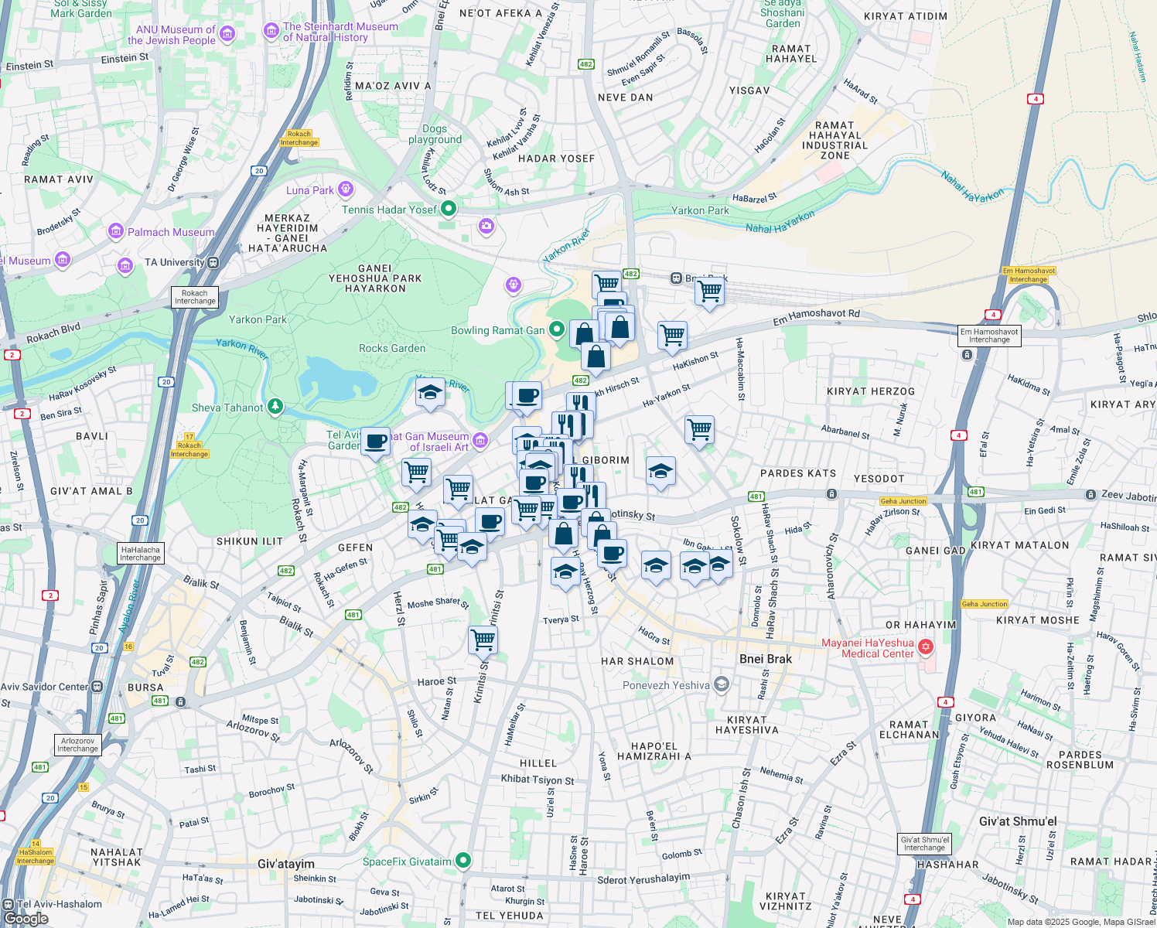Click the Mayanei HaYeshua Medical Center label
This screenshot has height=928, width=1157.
pyautogui.click(x=867, y=648)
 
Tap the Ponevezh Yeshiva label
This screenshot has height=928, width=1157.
pyautogui.click(x=666, y=685)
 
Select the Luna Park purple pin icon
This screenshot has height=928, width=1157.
pyautogui.click(x=346, y=189)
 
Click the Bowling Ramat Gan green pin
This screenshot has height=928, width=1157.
pyautogui.click(x=556, y=330)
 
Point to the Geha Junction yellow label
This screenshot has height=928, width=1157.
pyautogui.click(x=903, y=501)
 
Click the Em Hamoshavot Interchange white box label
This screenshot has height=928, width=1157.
pyautogui.click(x=989, y=336)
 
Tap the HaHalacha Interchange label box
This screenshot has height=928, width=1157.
pyautogui.click(x=140, y=554)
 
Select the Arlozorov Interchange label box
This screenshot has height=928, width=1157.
pyautogui.click(x=78, y=745)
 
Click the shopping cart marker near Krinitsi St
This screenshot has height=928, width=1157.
pyautogui.click(x=483, y=640)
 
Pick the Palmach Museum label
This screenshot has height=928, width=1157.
pyautogui.click(x=171, y=232)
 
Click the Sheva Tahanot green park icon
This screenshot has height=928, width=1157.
pyautogui.click(x=275, y=407)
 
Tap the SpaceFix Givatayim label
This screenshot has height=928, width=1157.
pyautogui.click(x=407, y=861)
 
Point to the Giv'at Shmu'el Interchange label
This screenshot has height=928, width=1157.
pyautogui.click(x=924, y=844)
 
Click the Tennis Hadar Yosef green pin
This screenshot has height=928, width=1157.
pyautogui.click(x=448, y=209)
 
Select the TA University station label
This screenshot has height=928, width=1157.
pyautogui.click(x=174, y=262)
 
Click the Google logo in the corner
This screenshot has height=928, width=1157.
pyautogui.click(x=26, y=918)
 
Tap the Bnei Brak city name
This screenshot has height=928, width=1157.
pyautogui.click(x=765, y=659)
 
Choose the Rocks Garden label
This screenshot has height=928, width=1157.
pyautogui.click(x=392, y=348)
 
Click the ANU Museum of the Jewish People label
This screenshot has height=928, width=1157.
pyautogui.click(x=171, y=35)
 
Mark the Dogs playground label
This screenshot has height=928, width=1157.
pyautogui.click(x=435, y=135)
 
